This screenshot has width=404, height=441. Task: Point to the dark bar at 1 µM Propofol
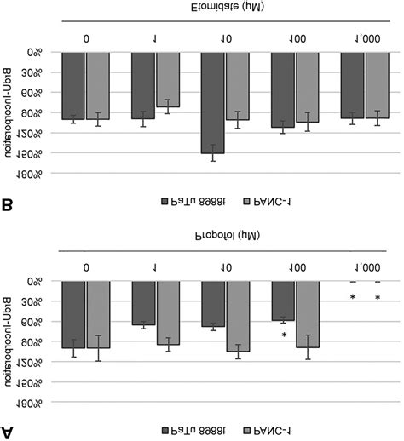(143, 302)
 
